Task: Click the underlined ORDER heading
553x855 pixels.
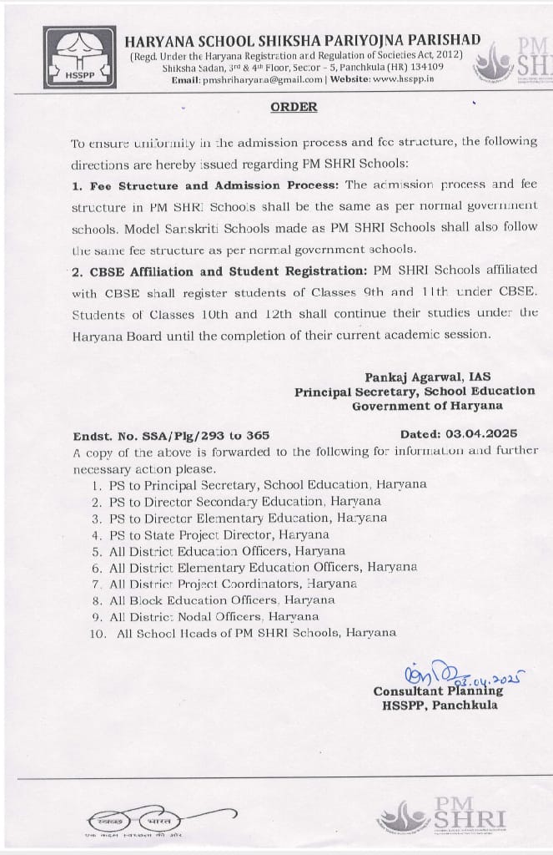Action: (294, 107)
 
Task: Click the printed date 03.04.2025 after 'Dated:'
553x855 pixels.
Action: (481, 433)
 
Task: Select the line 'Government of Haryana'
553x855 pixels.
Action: (427, 406)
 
